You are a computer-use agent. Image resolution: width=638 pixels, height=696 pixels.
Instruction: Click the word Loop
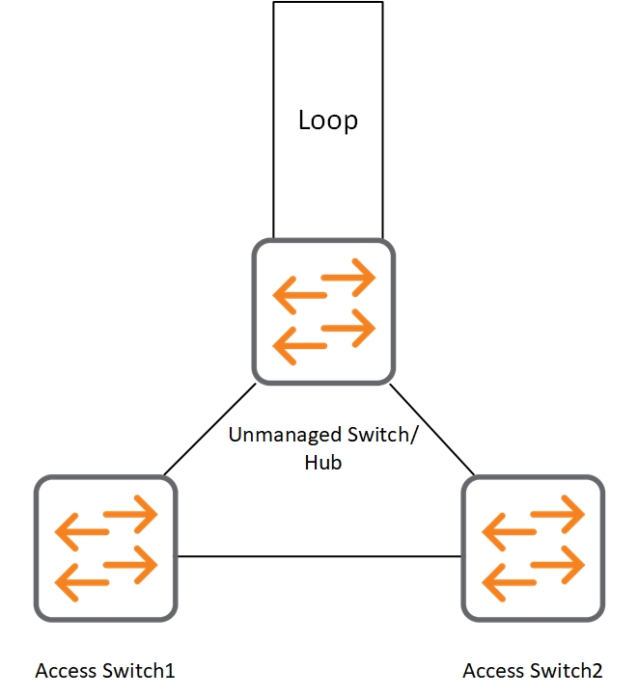coord(327,120)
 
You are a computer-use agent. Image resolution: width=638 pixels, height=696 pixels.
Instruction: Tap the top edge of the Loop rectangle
coord(328,2)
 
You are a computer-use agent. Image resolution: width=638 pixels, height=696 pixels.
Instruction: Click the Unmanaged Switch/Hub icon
coord(324,311)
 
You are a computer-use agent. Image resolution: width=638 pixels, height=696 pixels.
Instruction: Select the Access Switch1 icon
coord(106,547)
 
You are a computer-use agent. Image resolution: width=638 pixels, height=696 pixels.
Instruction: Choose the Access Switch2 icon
coord(534,547)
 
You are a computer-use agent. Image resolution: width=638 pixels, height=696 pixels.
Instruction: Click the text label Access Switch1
coord(105,670)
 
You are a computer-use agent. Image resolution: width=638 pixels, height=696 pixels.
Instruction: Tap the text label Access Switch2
coord(533,670)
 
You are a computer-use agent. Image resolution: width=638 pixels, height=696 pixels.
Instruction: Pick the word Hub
coord(324,463)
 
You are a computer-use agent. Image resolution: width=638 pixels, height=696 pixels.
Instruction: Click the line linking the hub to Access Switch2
coord(432,429)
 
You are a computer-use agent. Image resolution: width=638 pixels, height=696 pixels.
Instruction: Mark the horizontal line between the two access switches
coord(319,556)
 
